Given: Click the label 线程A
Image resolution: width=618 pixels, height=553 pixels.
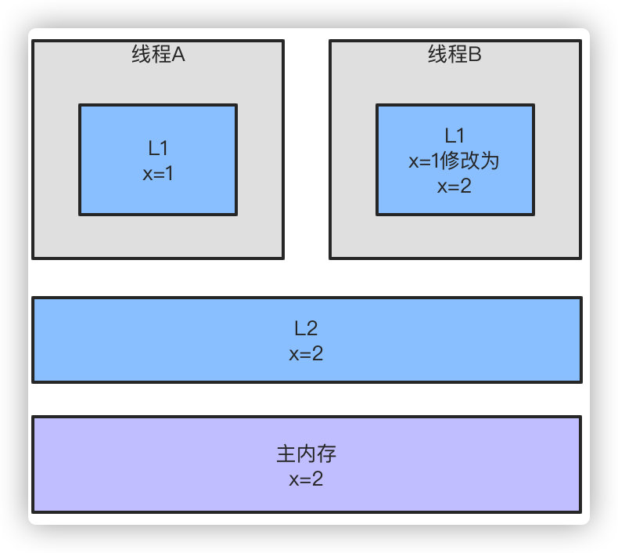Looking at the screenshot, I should point(158,55).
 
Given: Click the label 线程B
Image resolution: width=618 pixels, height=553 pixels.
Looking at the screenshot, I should point(455,55).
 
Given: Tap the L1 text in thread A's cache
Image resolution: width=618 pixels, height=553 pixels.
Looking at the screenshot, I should point(158,148).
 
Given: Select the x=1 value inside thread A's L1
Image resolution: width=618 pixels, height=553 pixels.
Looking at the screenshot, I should point(158,173).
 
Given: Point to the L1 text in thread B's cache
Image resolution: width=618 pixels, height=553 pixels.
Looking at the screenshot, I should point(455,136).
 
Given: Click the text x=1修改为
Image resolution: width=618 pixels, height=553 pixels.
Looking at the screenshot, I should point(455,161).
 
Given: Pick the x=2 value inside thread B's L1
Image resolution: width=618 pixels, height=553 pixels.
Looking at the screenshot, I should point(455,186).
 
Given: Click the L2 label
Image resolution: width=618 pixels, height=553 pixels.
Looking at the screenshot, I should point(306,328).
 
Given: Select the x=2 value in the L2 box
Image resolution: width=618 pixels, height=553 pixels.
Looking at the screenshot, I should point(306,353).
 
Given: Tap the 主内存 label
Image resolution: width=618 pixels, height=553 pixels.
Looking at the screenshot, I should point(306,454).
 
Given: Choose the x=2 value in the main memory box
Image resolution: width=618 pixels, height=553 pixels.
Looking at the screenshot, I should point(306,479).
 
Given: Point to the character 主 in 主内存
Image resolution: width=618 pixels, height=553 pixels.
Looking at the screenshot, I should point(286,454).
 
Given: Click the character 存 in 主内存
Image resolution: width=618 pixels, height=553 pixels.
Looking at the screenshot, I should point(326,454).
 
